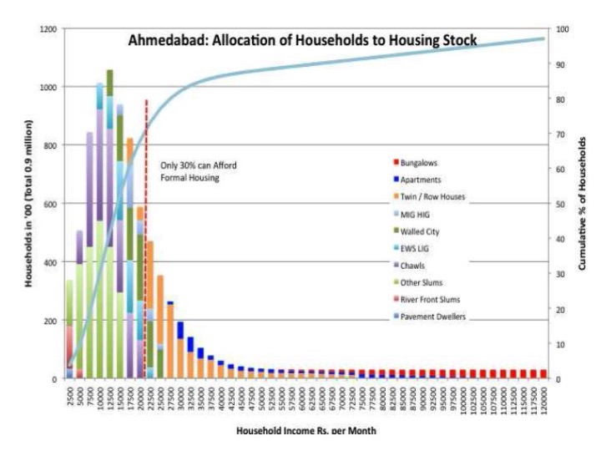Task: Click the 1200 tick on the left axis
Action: click(48, 28)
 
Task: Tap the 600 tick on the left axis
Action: click(51, 204)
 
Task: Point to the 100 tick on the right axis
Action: click(560, 28)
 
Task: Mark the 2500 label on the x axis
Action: click(70, 395)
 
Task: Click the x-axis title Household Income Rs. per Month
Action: click(305, 432)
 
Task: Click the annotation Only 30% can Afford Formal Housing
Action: click(199, 171)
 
